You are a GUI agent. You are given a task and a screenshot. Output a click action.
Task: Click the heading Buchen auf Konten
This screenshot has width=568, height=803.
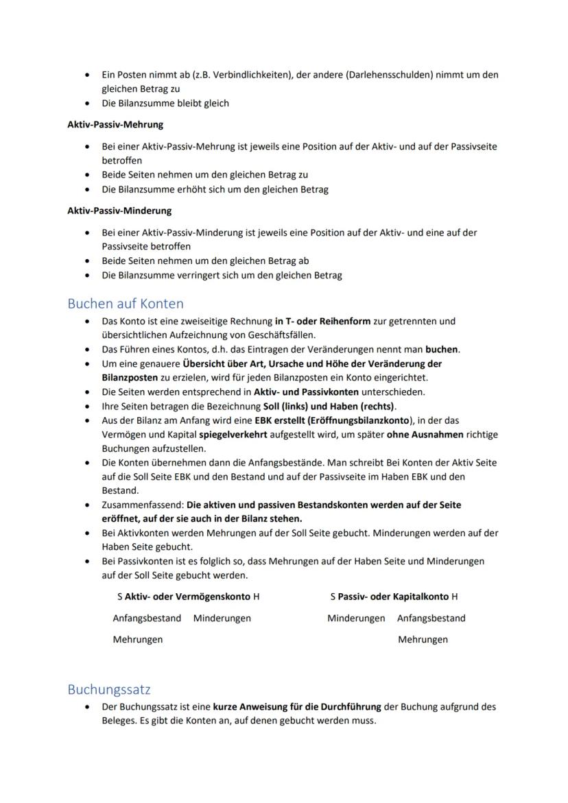pyautogui.click(x=126, y=302)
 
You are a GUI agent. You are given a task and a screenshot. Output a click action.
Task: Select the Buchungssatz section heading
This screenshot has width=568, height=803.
pyautogui.click(x=109, y=688)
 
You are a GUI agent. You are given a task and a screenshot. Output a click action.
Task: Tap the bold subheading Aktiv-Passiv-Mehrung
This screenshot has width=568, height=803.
pyautogui.click(x=115, y=125)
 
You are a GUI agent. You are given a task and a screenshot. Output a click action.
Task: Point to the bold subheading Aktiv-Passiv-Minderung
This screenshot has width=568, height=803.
pyautogui.click(x=119, y=211)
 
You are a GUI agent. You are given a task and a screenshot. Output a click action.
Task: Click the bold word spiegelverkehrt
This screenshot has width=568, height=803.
pyautogui.click(x=231, y=434)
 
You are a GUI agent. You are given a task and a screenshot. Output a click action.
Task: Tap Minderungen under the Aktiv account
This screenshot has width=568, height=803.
pyautogui.click(x=222, y=618)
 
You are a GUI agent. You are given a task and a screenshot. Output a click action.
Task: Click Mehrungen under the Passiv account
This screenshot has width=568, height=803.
pyautogui.click(x=423, y=639)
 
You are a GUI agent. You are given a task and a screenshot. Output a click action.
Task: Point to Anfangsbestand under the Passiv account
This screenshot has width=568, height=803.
pyautogui.click(x=431, y=618)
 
